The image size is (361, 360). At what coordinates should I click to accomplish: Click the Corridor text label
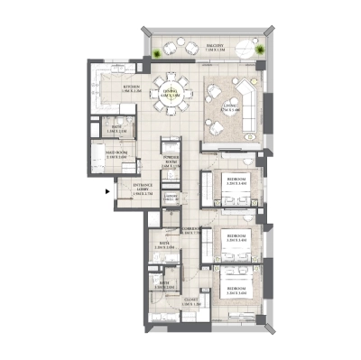(190, 231)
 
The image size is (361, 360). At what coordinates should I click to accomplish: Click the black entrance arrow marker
(107, 190)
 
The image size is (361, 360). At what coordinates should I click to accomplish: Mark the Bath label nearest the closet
(163, 286)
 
